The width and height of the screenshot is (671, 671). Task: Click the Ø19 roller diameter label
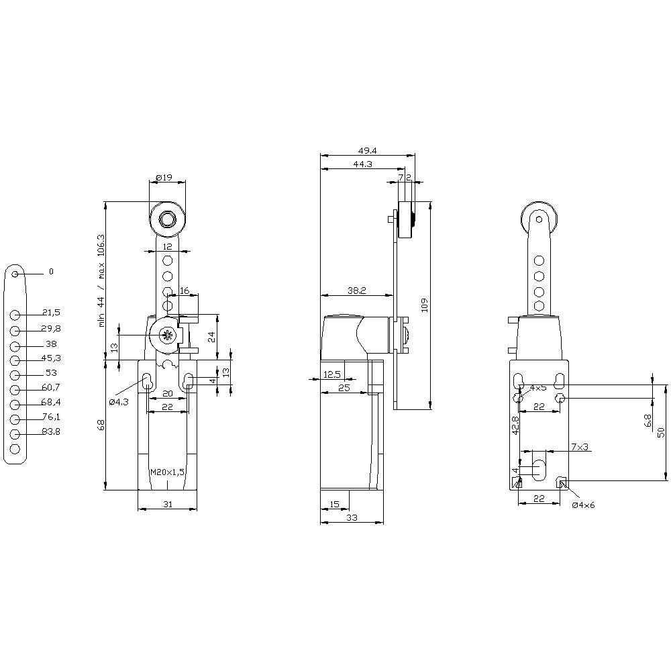[164, 178]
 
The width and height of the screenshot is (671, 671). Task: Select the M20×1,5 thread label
[167, 472]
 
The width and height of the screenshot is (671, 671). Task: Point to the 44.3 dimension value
[363, 164]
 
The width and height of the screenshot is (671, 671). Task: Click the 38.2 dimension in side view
[356, 290]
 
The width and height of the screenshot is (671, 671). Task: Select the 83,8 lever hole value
[51, 432]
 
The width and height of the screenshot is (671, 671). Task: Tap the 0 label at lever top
[50, 272]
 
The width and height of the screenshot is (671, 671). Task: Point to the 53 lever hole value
[51, 372]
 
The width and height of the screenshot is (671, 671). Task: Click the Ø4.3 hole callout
[119, 402]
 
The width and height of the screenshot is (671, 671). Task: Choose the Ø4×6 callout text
[583, 505]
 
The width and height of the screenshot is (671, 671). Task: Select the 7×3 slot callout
[580, 447]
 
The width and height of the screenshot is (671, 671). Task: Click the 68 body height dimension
[101, 425]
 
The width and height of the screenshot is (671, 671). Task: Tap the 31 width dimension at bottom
[167, 503]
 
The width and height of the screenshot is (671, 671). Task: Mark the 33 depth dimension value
[352, 517]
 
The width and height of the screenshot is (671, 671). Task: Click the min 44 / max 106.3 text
[101, 280]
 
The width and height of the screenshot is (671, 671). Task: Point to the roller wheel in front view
[167, 219]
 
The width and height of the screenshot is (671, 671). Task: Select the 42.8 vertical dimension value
[515, 426]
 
